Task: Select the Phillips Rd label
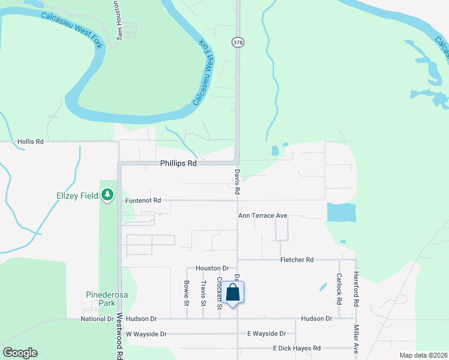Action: (178, 163)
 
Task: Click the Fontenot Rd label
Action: (143, 200)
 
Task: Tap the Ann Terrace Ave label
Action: (263, 215)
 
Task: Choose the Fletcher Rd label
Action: (297, 260)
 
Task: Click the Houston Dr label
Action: (212, 268)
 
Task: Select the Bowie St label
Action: (187, 291)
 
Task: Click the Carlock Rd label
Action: (339, 287)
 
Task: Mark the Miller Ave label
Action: (356, 339)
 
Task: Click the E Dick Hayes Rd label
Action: (297, 348)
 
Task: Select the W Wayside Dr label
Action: (145, 334)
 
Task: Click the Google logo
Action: (20, 353)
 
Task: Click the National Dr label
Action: (97, 319)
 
